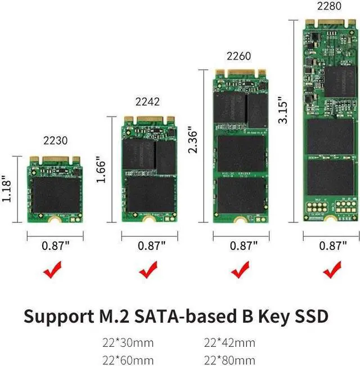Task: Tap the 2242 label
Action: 147,101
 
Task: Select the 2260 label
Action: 238,56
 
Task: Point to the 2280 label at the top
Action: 329,6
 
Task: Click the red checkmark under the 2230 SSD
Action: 56,272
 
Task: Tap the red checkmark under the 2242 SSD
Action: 148,272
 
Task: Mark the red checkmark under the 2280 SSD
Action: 332,272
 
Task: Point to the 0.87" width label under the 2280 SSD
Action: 332,245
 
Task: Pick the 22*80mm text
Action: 229,360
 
